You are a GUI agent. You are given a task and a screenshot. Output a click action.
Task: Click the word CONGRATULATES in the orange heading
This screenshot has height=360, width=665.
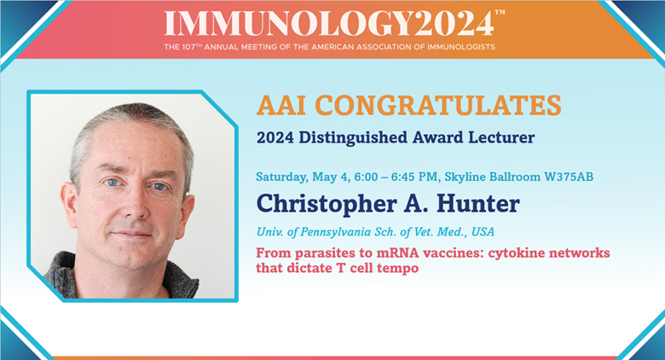(438, 105)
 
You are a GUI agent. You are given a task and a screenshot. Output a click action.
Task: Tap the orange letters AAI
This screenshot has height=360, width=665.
(281, 105)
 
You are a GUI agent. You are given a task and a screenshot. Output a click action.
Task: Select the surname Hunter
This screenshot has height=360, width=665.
(478, 204)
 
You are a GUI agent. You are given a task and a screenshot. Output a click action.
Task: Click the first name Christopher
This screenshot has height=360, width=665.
(327, 205)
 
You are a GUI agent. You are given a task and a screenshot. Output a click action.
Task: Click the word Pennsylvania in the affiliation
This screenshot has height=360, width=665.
(336, 232)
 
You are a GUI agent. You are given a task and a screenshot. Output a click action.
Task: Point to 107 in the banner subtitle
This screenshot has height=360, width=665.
(188, 47)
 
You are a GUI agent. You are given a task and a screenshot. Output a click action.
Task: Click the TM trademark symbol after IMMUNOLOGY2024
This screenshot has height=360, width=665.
(500, 12)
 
